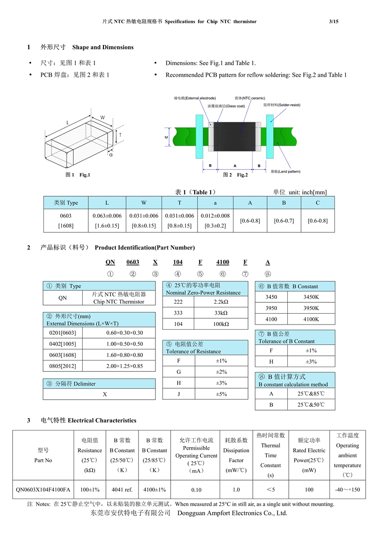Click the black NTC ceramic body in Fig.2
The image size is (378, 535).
point(235,137)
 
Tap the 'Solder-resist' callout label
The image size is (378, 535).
point(282,105)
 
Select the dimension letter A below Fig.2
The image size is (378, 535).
point(235,166)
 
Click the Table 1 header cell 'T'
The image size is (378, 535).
point(180,203)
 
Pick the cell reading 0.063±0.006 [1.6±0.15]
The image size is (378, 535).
point(107,221)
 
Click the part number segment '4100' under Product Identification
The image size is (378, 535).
point(223,262)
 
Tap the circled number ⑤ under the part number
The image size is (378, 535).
point(200,274)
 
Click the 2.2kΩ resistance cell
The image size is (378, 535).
point(221,302)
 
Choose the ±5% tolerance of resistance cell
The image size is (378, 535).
point(221,394)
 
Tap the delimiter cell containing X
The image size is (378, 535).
point(105,395)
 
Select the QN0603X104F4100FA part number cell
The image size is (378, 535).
point(43,490)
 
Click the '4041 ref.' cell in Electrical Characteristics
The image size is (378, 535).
point(122,490)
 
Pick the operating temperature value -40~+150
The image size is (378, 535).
point(347,490)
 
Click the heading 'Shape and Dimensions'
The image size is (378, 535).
point(103,47)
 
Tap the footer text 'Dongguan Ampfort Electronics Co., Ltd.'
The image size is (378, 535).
point(232,513)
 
